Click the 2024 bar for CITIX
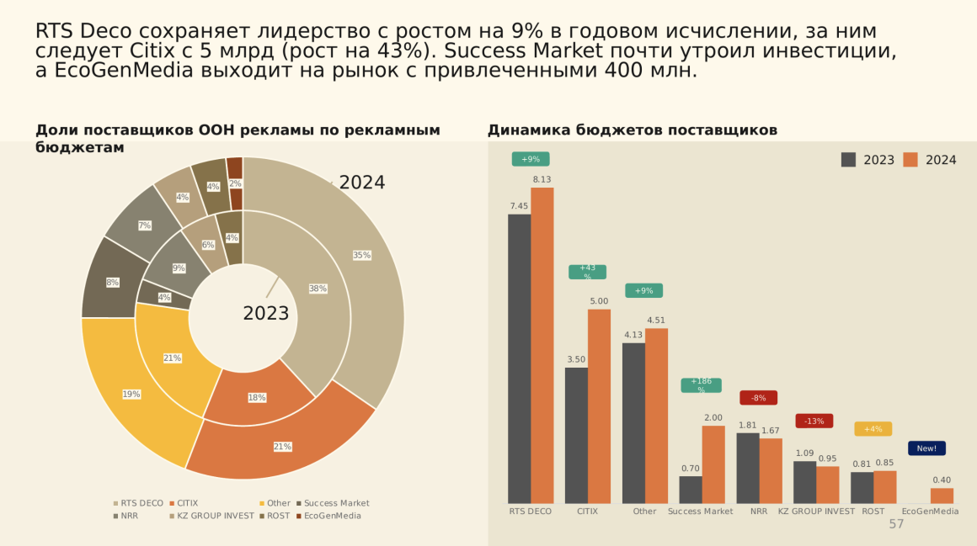pyautogui.click(x=599, y=406)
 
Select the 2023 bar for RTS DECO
pyautogui.click(x=519, y=359)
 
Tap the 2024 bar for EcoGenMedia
pyautogui.click(x=942, y=496)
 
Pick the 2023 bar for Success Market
pyautogui.click(x=691, y=490)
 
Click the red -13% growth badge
pyautogui.click(x=814, y=421)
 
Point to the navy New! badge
pyautogui.click(x=926, y=448)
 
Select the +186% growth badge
pyautogui.click(x=701, y=385)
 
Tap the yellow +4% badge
pyautogui.click(x=873, y=429)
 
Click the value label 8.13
pyautogui.click(x=542, y=179)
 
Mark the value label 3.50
pyautogui.click(x=576, y=359)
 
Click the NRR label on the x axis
pyautogui.click(x=759, y=511)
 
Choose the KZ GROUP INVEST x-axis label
pyautogui.click(x=816, y=511)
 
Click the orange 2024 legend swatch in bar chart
pyautogui.click(x=910, y=160)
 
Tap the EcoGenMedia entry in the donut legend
pyautogui.click(x=331, y=516)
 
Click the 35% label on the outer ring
pyautogui.click(x=361, y=255)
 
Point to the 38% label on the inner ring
pyautogui.click(x=318, y=289)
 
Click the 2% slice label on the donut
pyautogui.click(x=235, y=183)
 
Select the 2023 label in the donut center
pyautogui.click(x=265, y=314)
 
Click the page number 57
pyautogui.click(x=896, y=524)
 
